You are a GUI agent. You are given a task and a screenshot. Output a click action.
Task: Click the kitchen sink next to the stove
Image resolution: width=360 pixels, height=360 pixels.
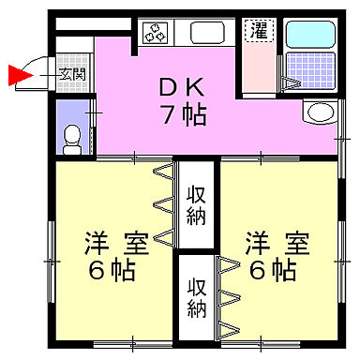[205, 32]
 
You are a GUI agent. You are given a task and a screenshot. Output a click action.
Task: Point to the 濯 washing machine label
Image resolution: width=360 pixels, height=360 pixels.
[256, 31]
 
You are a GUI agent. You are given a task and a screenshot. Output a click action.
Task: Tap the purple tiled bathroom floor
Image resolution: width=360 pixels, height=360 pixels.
[308, 69]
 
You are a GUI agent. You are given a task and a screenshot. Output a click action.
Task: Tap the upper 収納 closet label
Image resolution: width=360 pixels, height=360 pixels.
[195, 205]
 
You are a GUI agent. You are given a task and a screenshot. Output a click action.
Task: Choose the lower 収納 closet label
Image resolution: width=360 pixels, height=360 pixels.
[195, 297]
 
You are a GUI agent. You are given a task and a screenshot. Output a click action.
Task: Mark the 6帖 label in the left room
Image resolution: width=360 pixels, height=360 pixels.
[111, 272]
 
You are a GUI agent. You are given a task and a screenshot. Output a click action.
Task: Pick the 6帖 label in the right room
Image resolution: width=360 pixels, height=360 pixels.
[274, 272]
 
